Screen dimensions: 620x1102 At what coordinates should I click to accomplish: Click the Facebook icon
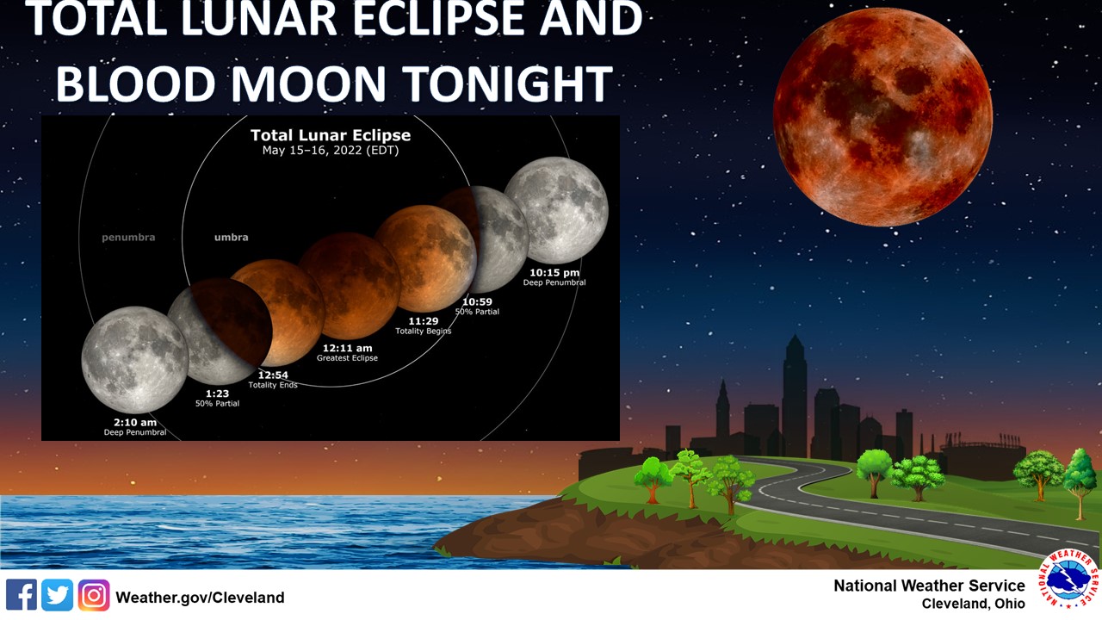(22, 595)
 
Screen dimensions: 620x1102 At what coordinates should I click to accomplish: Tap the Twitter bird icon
(58, 595)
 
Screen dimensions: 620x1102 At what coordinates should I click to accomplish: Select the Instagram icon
(94, 595)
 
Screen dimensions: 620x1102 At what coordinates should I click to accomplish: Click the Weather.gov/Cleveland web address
(200, 598)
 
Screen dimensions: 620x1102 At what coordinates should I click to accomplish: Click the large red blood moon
(882, 117)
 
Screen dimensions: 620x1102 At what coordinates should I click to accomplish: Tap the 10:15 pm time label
(554, 273)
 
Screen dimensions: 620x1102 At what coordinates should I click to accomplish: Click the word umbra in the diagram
(232, 237)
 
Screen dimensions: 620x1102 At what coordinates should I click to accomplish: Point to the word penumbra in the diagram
(128, 237)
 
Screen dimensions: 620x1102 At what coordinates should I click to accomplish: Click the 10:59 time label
(477, 301)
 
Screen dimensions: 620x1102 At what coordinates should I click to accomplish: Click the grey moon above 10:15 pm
(556, 209)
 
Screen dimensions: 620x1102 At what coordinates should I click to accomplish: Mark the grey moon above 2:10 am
(134, 359)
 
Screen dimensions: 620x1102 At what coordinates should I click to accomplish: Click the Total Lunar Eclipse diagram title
(331, 135)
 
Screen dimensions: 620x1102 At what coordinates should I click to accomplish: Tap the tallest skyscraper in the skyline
(795, 396)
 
